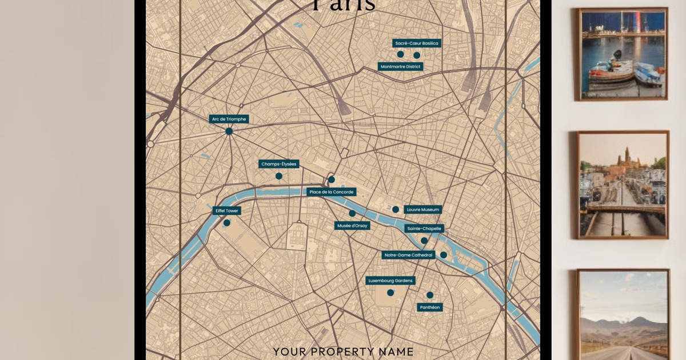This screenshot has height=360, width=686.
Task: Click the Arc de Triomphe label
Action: pos(229,119)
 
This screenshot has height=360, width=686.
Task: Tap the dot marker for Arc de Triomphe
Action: pos(229,131)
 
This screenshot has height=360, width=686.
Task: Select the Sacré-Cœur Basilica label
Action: pos(417,43)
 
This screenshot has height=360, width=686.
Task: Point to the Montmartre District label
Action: pos(401,67)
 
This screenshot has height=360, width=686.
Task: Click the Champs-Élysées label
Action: pos(279,164)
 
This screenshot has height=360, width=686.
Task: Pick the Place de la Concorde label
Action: pos(332,192)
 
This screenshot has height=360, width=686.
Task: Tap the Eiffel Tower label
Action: pos(227,211)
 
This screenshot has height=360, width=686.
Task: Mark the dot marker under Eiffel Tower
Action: pos(227,223)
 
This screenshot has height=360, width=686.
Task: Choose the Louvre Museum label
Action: pos(423,210)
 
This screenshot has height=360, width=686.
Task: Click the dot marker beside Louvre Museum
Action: pos(396,210)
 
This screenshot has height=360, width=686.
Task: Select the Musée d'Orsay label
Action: pos(352,226)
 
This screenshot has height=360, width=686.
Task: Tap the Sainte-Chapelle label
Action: pos(424,229)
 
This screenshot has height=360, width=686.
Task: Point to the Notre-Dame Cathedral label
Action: pos(409,255)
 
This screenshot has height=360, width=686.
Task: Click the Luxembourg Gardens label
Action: pos(391,281)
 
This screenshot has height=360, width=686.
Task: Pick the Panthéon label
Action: pos(430,307)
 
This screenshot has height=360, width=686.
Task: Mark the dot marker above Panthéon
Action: pos(430,295)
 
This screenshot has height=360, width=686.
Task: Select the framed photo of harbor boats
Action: pos(623,54)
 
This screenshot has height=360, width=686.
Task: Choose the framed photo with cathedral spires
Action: pos(623,185)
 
